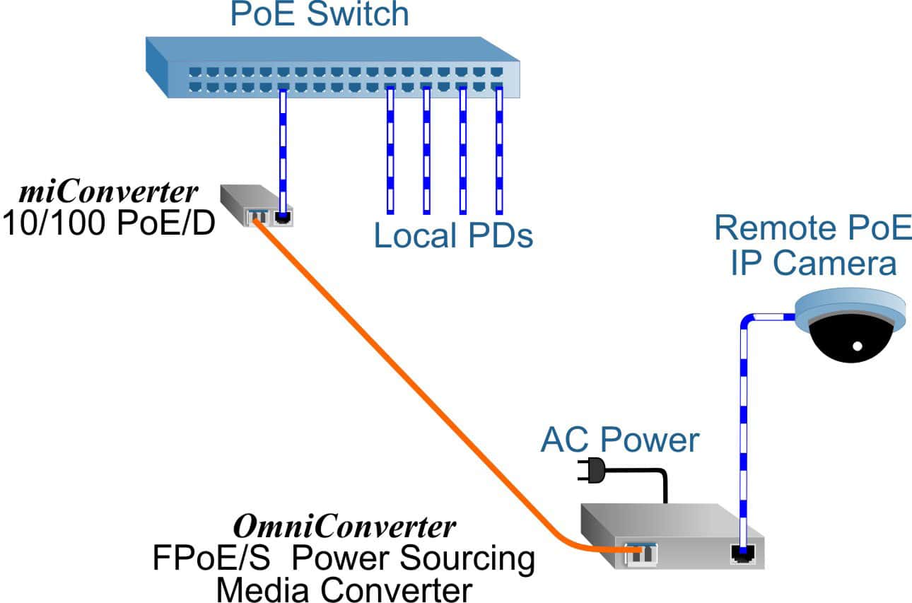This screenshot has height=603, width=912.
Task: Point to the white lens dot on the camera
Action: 857,346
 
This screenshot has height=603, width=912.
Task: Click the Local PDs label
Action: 452,236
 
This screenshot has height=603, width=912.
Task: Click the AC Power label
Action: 619,440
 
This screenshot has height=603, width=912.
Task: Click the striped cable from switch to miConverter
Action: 283,148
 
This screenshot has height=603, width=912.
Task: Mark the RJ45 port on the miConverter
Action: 283,217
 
